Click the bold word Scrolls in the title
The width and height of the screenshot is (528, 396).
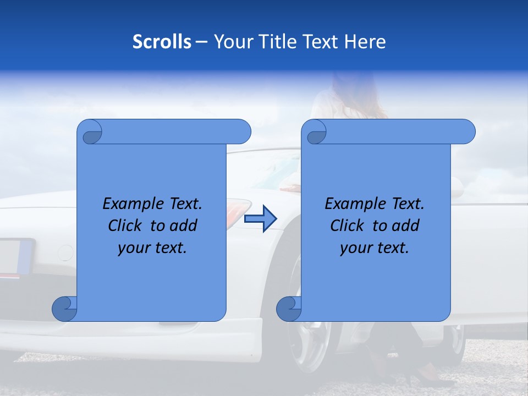[162, 42]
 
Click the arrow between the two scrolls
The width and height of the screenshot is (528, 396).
[260, 219]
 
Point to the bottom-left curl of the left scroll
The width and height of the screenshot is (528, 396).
[64, 309]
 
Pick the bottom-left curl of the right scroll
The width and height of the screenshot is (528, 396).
[289, 309]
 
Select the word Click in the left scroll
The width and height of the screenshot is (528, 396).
[126, 226]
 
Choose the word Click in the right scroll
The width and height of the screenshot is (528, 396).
[348, 226]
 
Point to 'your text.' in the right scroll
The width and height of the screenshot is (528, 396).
[375, 248]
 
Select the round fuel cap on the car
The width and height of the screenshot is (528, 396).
[65, 253]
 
